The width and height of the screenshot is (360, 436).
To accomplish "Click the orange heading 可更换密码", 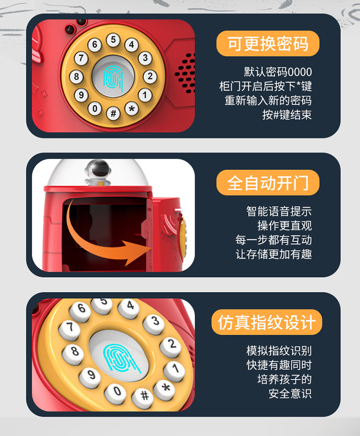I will (x=267, y=44).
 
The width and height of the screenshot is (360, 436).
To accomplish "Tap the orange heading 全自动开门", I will (x=267, y=183).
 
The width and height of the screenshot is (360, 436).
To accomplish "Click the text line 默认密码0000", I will (x=277, y=73).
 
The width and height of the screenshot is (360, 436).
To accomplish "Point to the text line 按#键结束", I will (x=287, y=115).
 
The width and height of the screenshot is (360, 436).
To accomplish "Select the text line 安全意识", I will (x=290, y=393).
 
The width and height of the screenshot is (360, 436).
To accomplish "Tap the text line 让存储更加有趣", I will (x=274, y=254).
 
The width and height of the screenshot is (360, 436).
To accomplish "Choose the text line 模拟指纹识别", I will (x=279, y=351).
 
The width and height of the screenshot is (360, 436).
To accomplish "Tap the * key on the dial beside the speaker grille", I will (x=132, y=109).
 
